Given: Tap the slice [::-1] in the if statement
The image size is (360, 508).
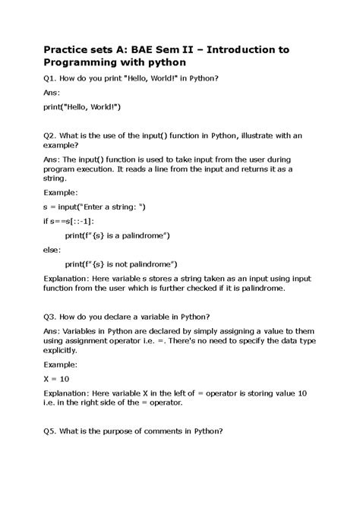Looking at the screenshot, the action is click(81, 221).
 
